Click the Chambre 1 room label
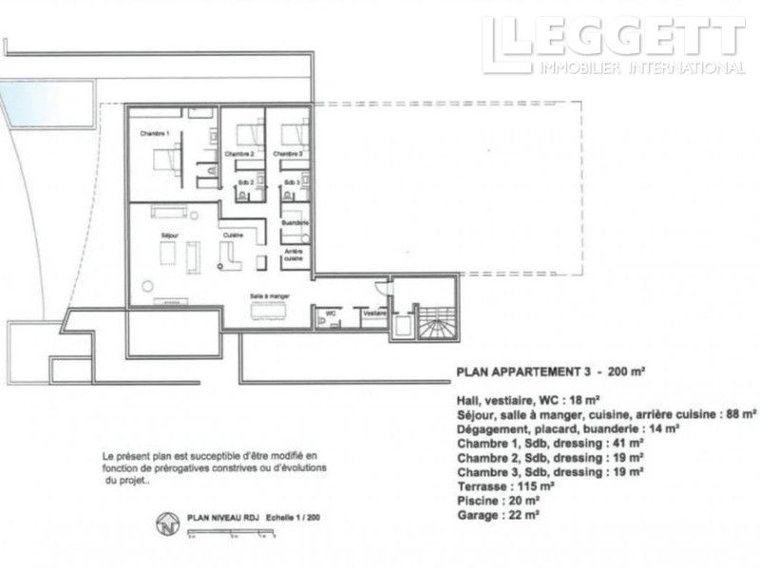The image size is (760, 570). pos(154,133)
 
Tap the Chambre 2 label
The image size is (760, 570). pos(239,153)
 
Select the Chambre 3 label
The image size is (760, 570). pos(288,153)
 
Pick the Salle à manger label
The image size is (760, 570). pos(270,296)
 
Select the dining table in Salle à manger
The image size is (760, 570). pos(271,315)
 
